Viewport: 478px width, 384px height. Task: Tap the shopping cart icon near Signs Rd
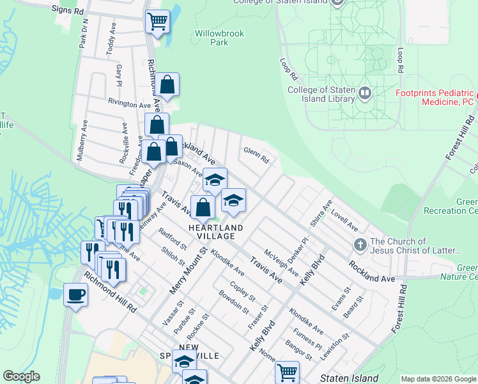tap(157, 22)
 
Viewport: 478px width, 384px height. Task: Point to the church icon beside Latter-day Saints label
tap(360, 244)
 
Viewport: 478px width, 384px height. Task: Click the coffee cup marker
tap(76, 295)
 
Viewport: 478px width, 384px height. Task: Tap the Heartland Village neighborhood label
tap(215, 232)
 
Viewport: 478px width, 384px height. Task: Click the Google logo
tap(21, 376)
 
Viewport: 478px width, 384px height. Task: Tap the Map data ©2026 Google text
tap(438, 379)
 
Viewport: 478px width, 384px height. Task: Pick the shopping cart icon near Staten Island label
tap(287, 371)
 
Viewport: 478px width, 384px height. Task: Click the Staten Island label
tap(349, 378)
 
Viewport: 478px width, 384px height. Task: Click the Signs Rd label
tap(68, 12)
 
